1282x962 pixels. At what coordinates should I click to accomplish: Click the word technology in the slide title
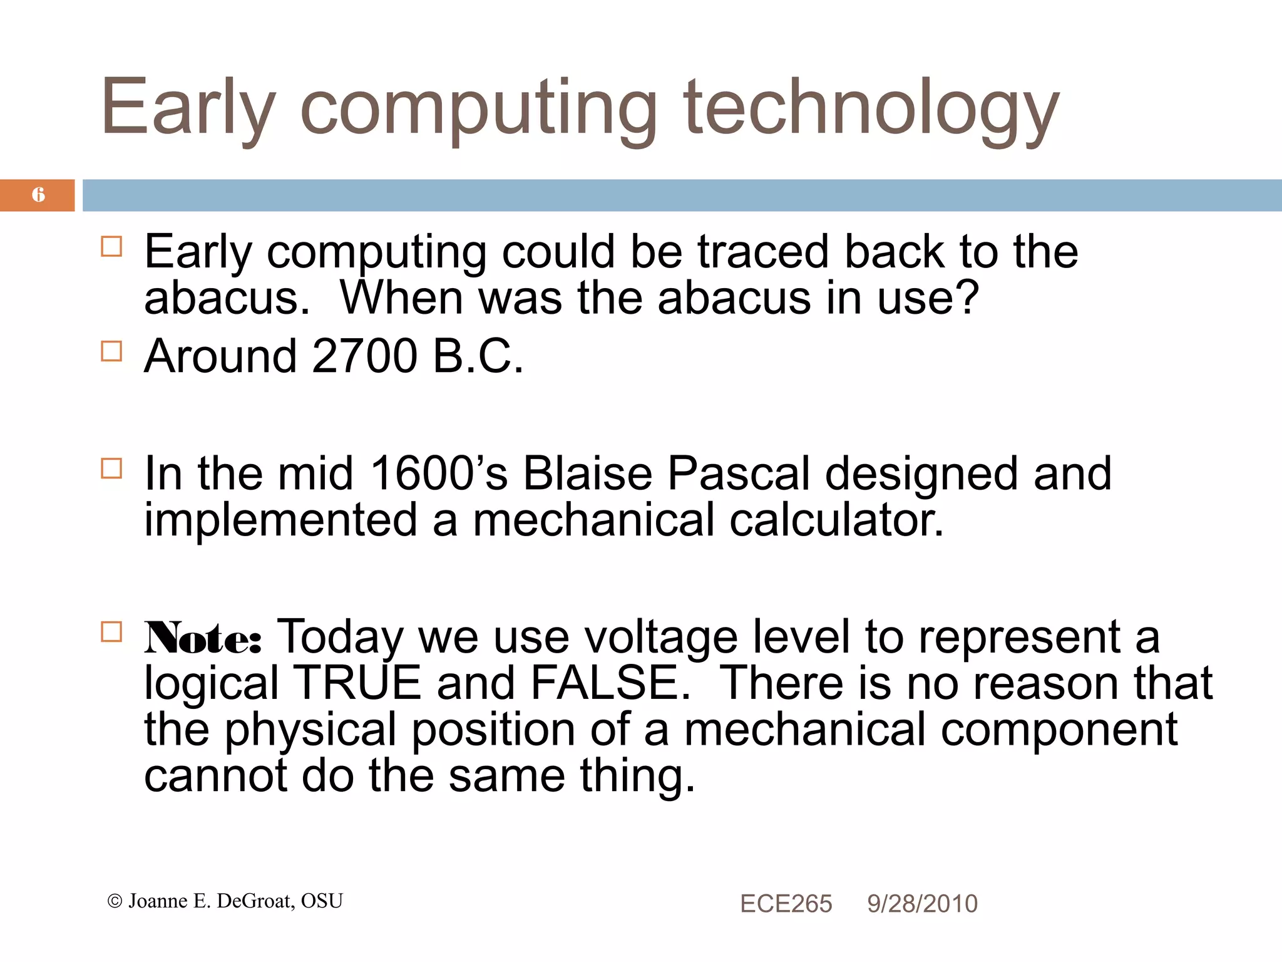pos(870,108)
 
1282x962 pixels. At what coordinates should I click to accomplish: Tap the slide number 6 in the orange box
pos(38,195)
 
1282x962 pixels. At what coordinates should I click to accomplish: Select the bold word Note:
pos(203,639)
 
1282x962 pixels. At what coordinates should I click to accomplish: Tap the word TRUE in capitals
pos(357,683)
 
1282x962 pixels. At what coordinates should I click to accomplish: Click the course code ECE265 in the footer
pos(786,904)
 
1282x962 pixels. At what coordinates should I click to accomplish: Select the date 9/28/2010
pos(922,904)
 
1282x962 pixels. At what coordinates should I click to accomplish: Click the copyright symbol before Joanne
pos(115,901)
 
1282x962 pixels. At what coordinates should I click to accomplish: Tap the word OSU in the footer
pos(322,901)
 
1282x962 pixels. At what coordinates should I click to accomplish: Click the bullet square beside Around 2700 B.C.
pos(111,351)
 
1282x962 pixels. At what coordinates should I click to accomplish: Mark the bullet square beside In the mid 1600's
pos(111,468)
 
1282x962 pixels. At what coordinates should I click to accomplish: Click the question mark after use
pos(968,298)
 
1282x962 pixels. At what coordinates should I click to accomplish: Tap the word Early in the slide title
pos(188,108)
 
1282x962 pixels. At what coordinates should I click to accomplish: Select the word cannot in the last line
pos(215,777)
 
